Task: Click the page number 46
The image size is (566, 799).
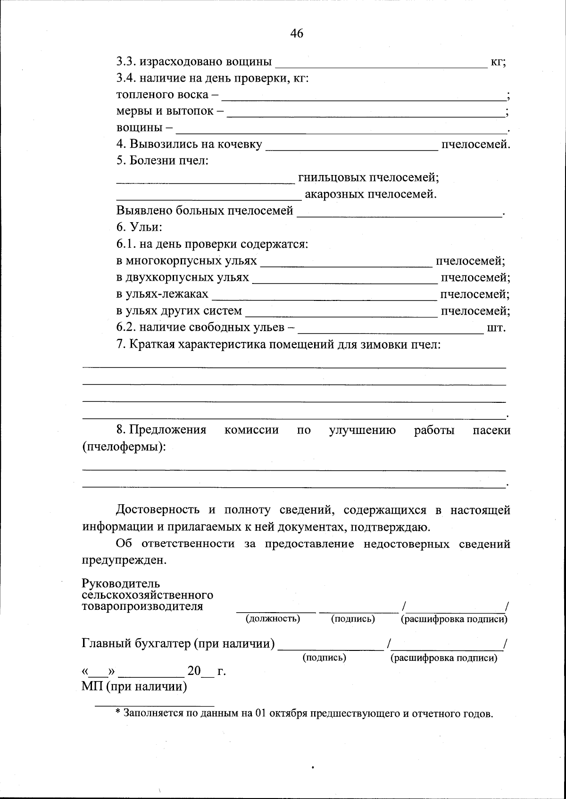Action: (x=297, y=33)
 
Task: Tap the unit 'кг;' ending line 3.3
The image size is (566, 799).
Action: (x=499, y=62)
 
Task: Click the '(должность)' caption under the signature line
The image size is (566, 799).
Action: (x=273, y=618)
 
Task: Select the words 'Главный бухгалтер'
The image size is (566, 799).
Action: (x=136, y=643)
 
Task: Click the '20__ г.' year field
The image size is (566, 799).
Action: (x=207, y=671)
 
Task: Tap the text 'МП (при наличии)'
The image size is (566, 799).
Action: (x=134, y=686)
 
